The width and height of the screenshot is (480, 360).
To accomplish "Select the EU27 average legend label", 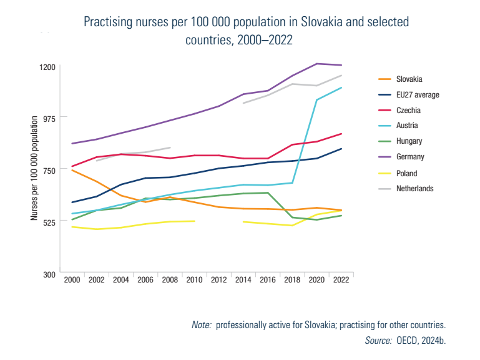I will click(x=418, y=95).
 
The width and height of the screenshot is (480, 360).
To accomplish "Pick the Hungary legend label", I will click(x=409, y=142).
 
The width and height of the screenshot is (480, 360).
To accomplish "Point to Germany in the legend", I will click(x=410, y=157).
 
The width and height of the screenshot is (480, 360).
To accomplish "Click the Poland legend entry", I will click(x=406, y=173).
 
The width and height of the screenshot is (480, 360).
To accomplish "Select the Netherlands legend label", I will click(x=414, y=189).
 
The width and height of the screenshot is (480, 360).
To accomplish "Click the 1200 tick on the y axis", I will click(x=49, y=67).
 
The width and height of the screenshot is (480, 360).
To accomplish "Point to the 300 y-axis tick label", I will click(x=51, y=274).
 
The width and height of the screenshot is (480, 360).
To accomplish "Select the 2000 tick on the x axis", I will click(x=72, y=281).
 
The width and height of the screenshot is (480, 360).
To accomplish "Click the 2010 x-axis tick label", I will click(x=195, y=281).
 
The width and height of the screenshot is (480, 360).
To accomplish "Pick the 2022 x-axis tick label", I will click(x=341, y=281).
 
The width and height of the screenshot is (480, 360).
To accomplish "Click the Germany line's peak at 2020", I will click(x=317, y=64).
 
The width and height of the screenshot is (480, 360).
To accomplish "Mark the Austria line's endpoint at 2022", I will click(x=341, y=87).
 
